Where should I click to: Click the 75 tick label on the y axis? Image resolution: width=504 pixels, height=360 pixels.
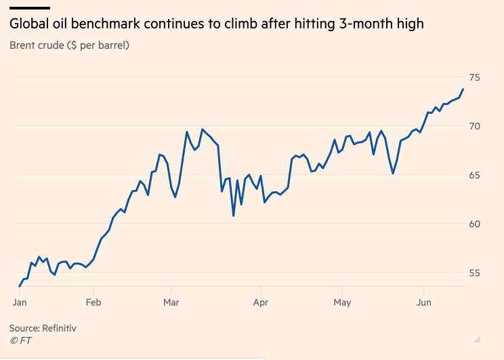[x=475, y=77]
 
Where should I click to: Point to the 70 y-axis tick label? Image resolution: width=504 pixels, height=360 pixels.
[x=475, y=126]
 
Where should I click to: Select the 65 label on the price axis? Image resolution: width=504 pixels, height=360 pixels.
[x=475, y=175]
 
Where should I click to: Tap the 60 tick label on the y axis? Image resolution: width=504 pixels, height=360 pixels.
[x=475, y=224]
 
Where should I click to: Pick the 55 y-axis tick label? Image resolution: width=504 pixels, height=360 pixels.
[x=475, y=273]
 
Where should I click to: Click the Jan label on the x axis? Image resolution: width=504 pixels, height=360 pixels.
[x=20, y=302]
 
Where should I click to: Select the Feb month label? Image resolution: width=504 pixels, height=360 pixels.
[x=93, y=302]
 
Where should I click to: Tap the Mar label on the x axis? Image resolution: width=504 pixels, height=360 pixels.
[x=171, y=302]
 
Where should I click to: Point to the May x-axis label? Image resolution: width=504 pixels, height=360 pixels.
[x=343, y=302]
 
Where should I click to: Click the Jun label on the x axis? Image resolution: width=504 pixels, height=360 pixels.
[x=423, y=302]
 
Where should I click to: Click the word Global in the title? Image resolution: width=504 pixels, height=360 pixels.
[x=28, y=24]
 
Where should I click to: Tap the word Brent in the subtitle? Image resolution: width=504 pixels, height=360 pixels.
[x=24, y=45]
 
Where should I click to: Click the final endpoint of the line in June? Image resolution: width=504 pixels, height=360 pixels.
[x=463, y=89]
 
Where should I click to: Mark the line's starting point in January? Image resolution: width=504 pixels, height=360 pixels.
[x=20, y=286]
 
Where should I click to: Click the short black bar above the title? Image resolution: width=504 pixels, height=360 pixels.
[x=29, y=8]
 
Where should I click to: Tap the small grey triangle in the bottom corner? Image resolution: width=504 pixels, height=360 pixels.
[x=478, y=338]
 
